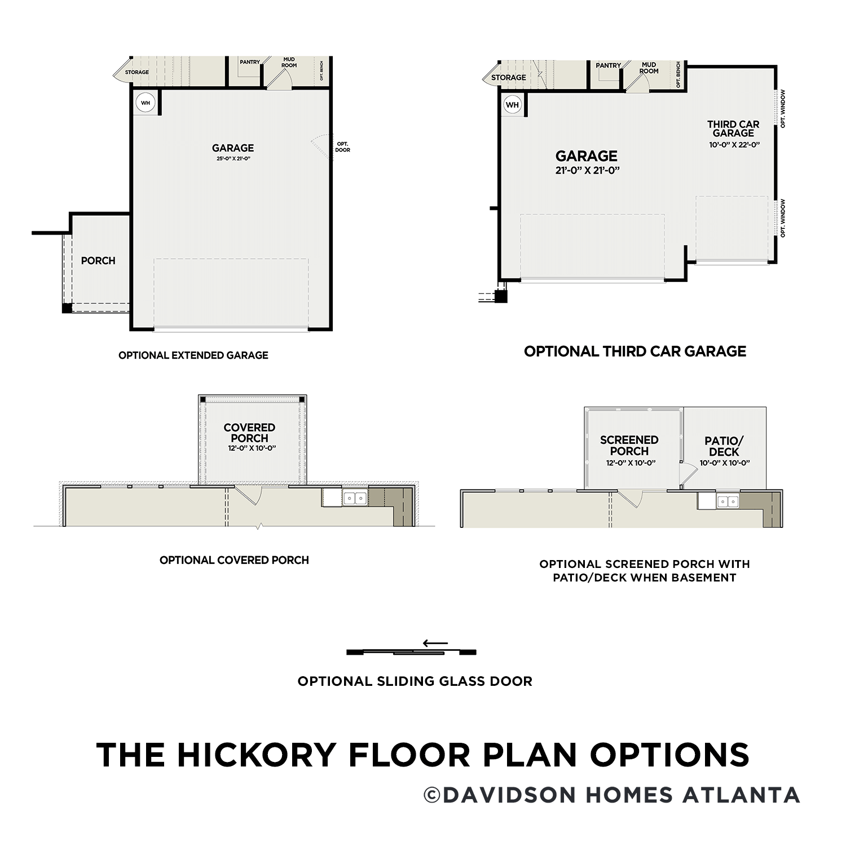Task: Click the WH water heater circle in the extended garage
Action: [146, 103]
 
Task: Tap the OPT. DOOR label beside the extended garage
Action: [342, 147]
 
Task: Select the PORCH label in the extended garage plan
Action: [98, 261]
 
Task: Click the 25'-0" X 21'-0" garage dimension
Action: [233, 159]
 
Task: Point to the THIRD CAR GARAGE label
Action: [733, 129]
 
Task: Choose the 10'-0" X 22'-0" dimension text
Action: [734, 145]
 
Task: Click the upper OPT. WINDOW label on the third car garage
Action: [783, 109]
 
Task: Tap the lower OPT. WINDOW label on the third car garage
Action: [783, 218]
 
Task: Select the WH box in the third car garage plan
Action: [512, 105]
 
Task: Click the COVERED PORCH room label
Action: [249, 433]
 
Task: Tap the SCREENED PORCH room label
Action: [629, 446]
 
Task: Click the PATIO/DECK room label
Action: [724, 446]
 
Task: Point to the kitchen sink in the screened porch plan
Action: [728, 501]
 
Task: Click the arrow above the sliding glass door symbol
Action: [435, 643]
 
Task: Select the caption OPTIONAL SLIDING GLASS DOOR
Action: [415, 681]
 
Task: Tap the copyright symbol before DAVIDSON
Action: [431, 795]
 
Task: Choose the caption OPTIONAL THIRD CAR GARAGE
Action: [635, 351]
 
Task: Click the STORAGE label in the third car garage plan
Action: [508, 78]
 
